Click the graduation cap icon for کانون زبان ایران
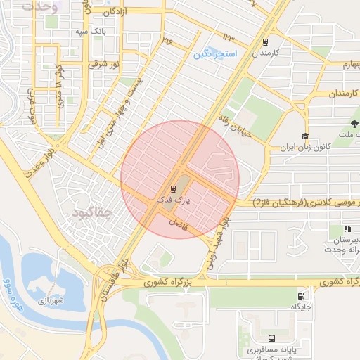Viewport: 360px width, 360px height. pos(304,136)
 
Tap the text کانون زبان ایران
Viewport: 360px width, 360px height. pos(285,148)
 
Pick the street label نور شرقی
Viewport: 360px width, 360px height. pos(102,64)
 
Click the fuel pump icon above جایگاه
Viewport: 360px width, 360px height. pos(302,296)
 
